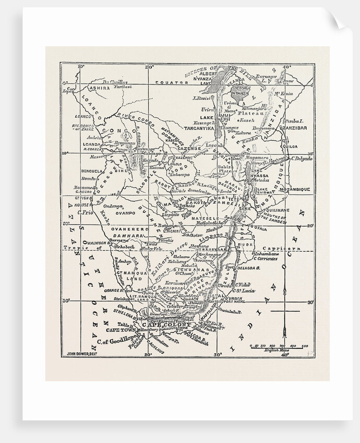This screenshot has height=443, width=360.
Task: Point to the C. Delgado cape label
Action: (302, 158)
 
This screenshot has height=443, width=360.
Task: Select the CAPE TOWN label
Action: (121, 330)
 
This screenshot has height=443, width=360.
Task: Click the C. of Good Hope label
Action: (113, 343)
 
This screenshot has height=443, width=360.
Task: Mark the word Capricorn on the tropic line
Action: (282, 249)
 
